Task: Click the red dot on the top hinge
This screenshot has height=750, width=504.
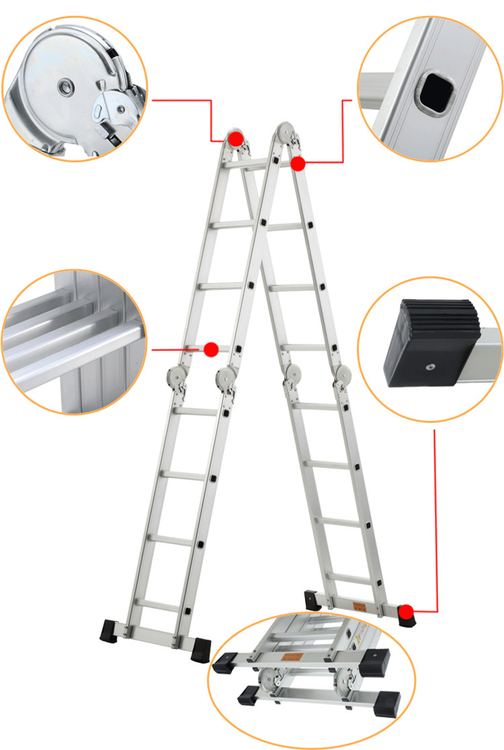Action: [235, 139]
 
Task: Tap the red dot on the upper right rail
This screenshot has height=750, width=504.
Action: [298, 162]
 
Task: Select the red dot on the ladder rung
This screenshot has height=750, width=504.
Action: [211, 349]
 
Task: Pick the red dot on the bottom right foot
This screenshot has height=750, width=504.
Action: [406, 611]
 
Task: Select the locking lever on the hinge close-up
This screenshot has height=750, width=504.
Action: [108, 107]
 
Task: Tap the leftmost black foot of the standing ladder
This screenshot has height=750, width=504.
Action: [110, 631]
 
